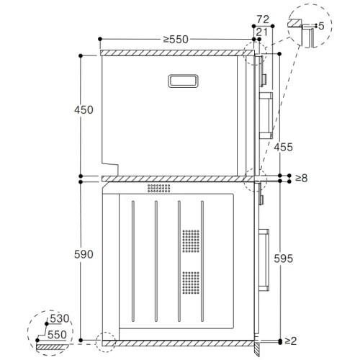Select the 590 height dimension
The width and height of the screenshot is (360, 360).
pos(63,253)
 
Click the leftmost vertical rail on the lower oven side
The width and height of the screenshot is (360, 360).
pos(132,262)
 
